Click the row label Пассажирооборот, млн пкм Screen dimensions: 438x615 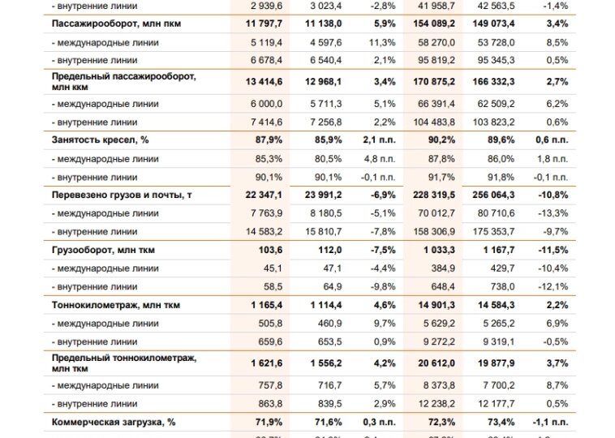point(116,24)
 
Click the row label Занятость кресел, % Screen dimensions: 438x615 point(101,140)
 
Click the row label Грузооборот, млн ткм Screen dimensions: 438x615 point(103,250)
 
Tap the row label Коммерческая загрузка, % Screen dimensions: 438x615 point(115,422)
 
